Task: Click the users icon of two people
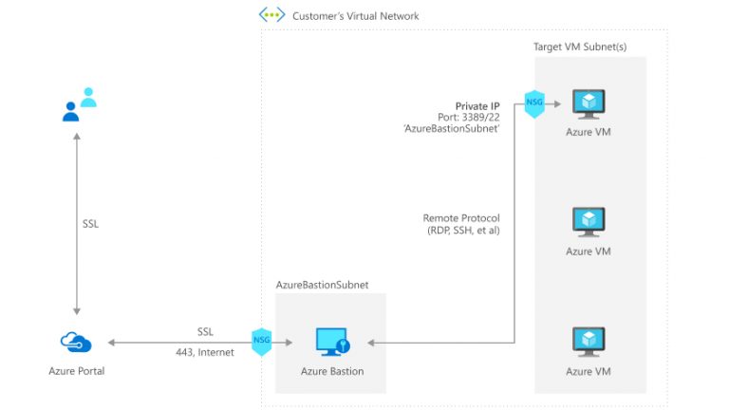79,104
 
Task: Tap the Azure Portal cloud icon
76,342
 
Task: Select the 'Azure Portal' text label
76,371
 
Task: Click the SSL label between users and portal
91,225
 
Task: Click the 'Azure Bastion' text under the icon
331,371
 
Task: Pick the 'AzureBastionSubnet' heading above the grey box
322,284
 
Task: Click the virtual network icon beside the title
271,15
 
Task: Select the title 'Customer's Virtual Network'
355,16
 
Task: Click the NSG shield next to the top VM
533,103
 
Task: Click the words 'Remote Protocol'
461,218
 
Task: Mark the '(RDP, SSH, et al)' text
462,231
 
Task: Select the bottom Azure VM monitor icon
588,341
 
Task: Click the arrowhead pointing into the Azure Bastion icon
371,343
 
